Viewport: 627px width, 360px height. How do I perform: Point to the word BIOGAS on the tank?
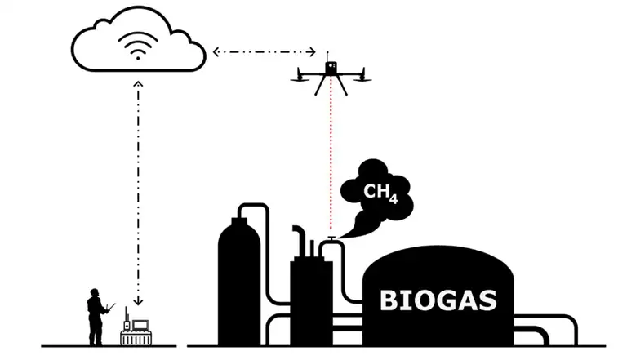pos(438,300)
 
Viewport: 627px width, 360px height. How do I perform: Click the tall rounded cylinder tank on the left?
pos(239,278)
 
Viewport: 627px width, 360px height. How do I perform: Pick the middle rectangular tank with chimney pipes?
pos(311,298)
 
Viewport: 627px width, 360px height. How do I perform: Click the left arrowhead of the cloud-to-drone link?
pos(216,52)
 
